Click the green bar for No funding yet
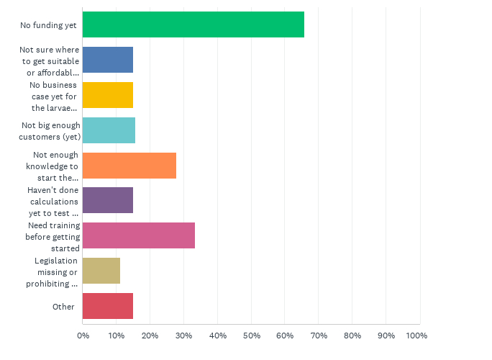coord(193,24)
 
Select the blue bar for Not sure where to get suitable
coord(108,60)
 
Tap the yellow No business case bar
coord(108,94)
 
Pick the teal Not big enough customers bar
coord(109,130)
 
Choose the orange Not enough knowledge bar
coord(129,165)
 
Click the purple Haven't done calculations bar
coord(108,200)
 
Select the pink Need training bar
coord(139,235)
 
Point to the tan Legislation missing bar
coord(101,271)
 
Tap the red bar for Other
coord(108,306)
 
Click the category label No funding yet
coord(48,25)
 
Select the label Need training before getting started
coord(53,235)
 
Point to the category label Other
coord(63,307)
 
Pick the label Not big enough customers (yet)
coord(50,130)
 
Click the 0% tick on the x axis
coord(83,336)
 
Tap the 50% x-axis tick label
coord(251,336)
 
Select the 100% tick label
coord(416,336)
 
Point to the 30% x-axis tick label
coord(183,336)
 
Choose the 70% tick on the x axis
coord(319,336)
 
